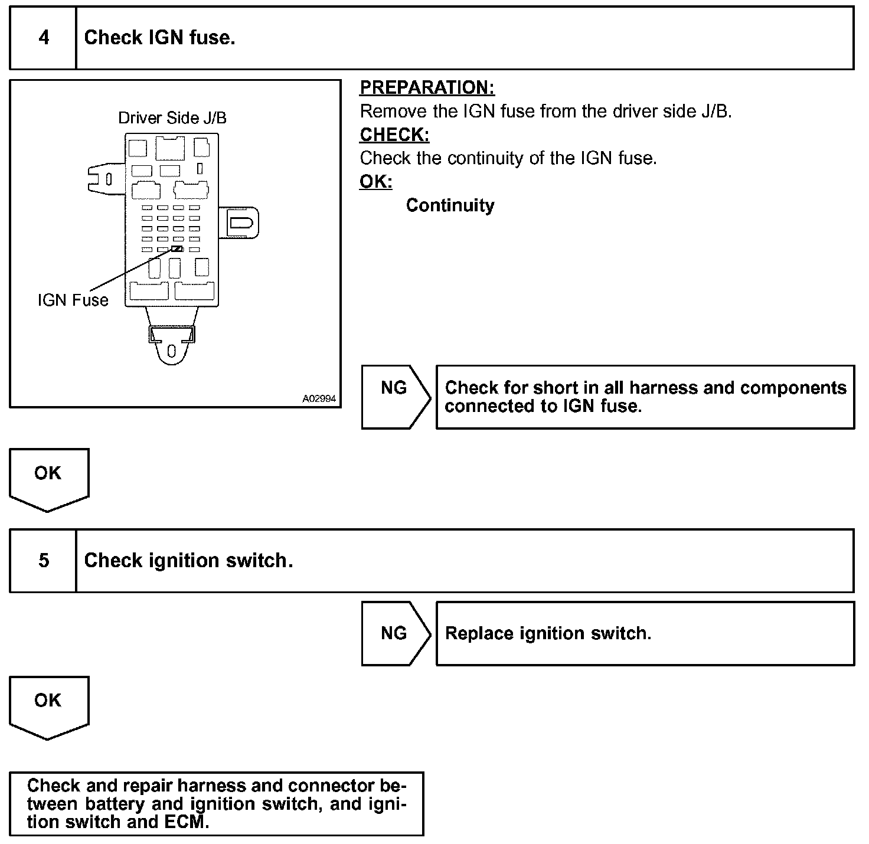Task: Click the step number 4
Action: (x=44, y=38)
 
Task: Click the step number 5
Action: (x=44, y=560)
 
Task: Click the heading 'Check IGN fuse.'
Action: (x=159, y=38)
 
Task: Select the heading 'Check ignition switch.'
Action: (x=188, y=560)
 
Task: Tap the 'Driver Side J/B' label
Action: (x=172, y=118)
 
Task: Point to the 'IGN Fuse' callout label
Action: (x=73, y=300)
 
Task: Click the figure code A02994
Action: (x=319, y=399)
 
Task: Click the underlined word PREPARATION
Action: (x=427, y=88)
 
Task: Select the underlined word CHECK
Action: (x=394, y=135)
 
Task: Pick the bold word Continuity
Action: (x=450, y=205)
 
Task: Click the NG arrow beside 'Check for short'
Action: (x=394, y=396)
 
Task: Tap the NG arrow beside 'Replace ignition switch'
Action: (x=394, y=633)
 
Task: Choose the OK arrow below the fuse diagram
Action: (x=48, y=478)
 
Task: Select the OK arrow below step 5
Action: (x=48, y=705)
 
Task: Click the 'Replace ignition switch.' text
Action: (x=548, y=633)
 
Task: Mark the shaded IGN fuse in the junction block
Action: (x=177, y=249)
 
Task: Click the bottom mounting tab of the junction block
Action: (x=171, y=345)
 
